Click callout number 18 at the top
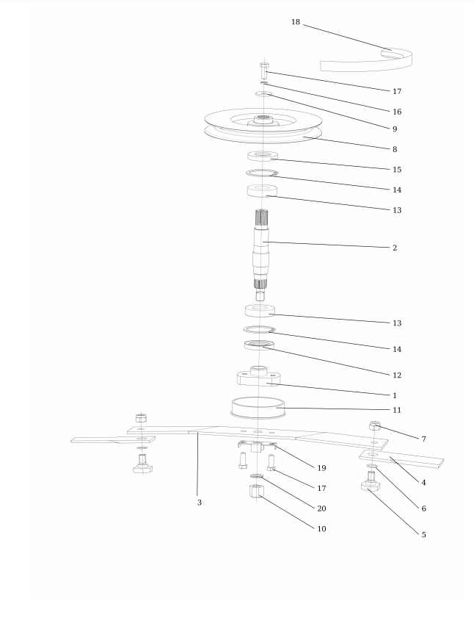[296, 22]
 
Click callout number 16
[397, 112]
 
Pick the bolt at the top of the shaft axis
[264, 71]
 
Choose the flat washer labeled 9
[264, 94]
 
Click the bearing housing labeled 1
[259, 376]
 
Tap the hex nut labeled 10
[256, 491]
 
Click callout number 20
[321, 508]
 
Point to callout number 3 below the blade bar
[200, 503]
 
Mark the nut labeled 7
[374, 425]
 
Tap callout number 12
[397, 375]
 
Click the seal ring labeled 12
[259, 345]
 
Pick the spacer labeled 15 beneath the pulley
[263, 156]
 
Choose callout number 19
[321, 468]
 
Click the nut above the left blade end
[141, 418]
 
